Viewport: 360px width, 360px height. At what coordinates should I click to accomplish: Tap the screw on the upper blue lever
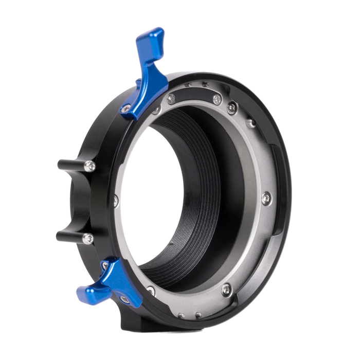[125, 109]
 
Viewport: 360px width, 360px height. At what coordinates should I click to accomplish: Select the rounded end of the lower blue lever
[85, 294]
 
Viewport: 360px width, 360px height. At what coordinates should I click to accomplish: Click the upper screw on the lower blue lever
[105, 265]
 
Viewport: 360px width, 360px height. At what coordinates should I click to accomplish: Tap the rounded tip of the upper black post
[59, 166]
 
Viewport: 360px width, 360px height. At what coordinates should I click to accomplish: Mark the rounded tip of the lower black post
[58, 237]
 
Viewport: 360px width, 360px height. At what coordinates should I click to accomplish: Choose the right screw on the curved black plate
[232, 107]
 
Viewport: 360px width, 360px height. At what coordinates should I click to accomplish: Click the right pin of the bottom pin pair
[199, 315]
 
